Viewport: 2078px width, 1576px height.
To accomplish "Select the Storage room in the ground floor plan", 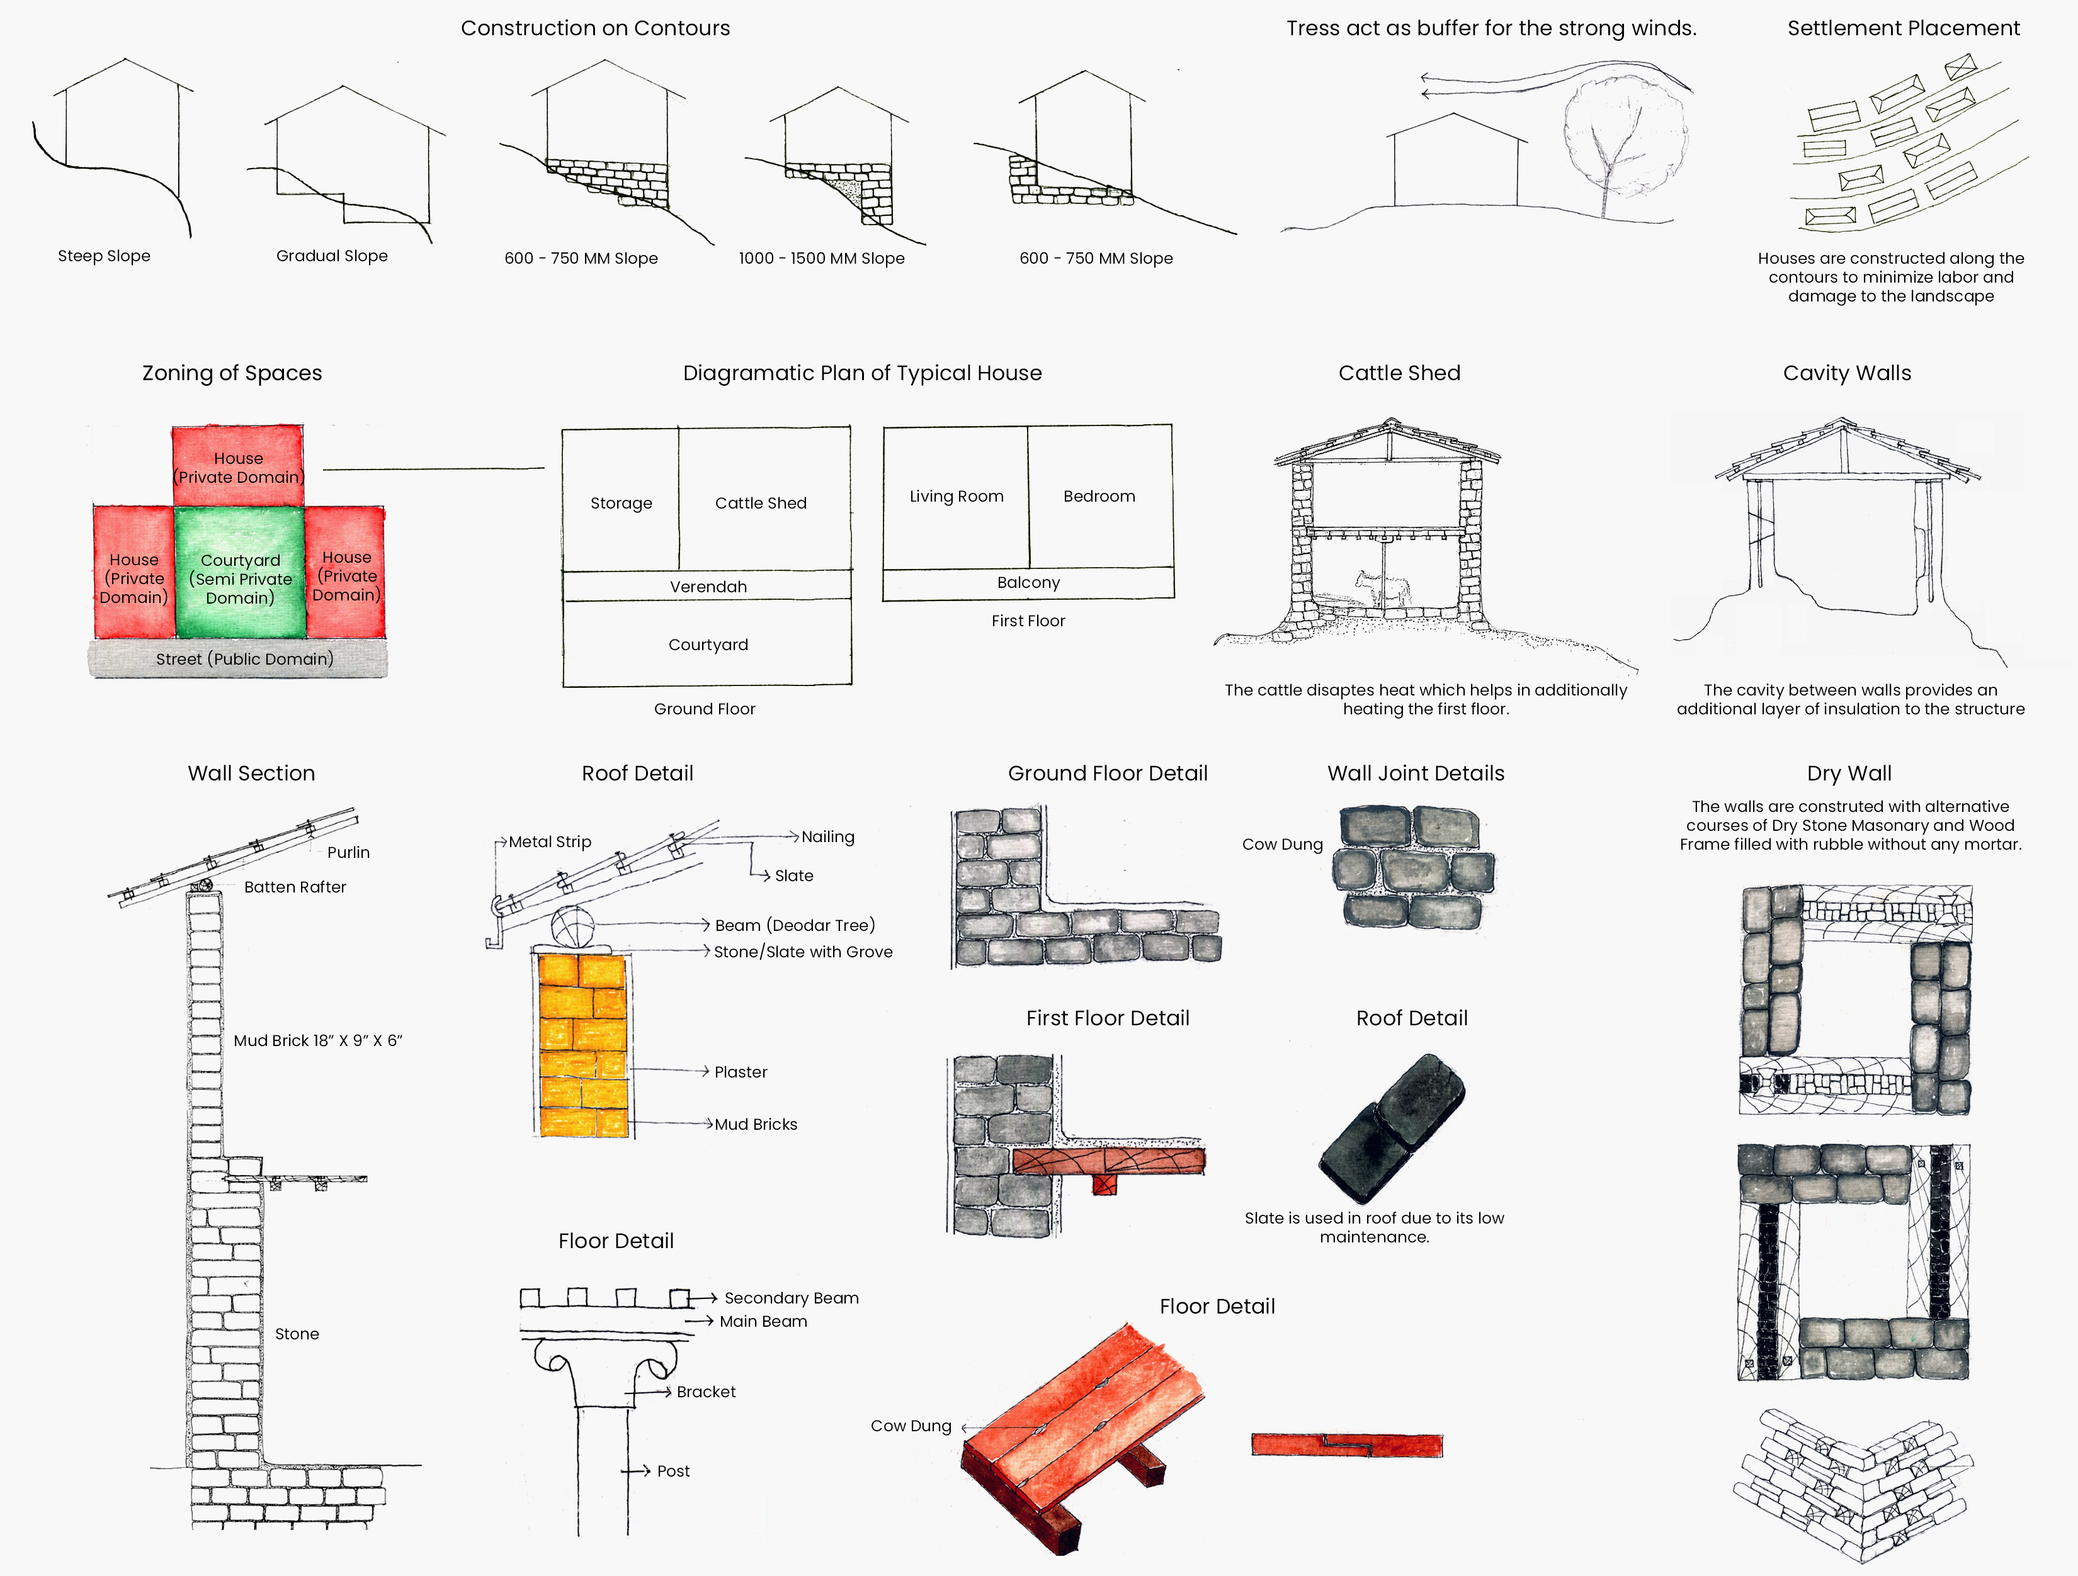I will point(621,502).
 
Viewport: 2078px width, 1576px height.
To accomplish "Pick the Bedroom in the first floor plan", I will point(1099,496).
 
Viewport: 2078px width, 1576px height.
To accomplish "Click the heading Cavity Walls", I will point(1846,373).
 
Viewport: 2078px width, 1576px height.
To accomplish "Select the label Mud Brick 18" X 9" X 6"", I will point(317,1040).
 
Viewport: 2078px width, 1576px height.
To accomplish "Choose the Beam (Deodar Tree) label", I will point(794,925).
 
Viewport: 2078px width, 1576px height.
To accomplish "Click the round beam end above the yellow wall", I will point(573,927).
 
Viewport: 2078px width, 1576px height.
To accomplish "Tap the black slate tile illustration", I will point(1391,1127).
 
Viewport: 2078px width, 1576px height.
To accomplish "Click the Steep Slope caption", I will point(103,256).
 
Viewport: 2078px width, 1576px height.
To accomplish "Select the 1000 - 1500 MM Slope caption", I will point(821,258).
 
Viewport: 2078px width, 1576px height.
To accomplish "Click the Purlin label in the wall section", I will point(348,852).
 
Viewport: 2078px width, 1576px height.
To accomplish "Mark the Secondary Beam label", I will point(791,1297).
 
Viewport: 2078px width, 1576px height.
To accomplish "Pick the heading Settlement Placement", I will point(1902,28).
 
